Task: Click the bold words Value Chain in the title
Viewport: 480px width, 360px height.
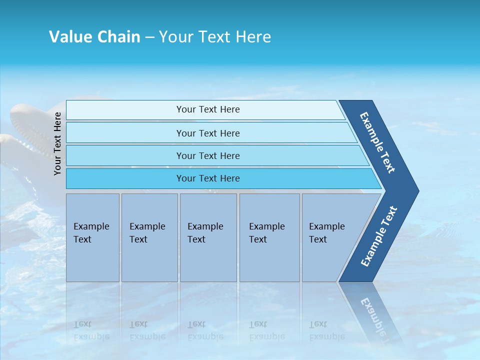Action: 94,37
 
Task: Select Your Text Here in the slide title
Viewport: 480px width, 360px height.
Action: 215,37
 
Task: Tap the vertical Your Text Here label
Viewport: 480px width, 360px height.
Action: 57,143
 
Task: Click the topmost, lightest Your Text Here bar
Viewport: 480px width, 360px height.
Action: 208,109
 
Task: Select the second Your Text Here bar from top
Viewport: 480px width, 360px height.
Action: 208,133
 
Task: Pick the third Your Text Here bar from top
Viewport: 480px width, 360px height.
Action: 208,155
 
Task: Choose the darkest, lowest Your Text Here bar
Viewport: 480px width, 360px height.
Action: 208,178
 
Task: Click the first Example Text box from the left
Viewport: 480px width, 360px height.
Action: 92,237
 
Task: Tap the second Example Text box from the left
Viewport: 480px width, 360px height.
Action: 149,237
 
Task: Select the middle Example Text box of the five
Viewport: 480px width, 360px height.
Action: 208,237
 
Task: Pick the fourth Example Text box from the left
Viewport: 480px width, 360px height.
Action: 269,237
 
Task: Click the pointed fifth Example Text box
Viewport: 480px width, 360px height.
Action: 330,237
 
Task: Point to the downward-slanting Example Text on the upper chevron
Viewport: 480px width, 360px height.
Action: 377,142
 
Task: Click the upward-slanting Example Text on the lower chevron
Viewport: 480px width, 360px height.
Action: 379,236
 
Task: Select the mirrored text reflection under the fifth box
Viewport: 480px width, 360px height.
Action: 326,330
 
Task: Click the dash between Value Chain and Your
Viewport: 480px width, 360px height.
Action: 149,37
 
